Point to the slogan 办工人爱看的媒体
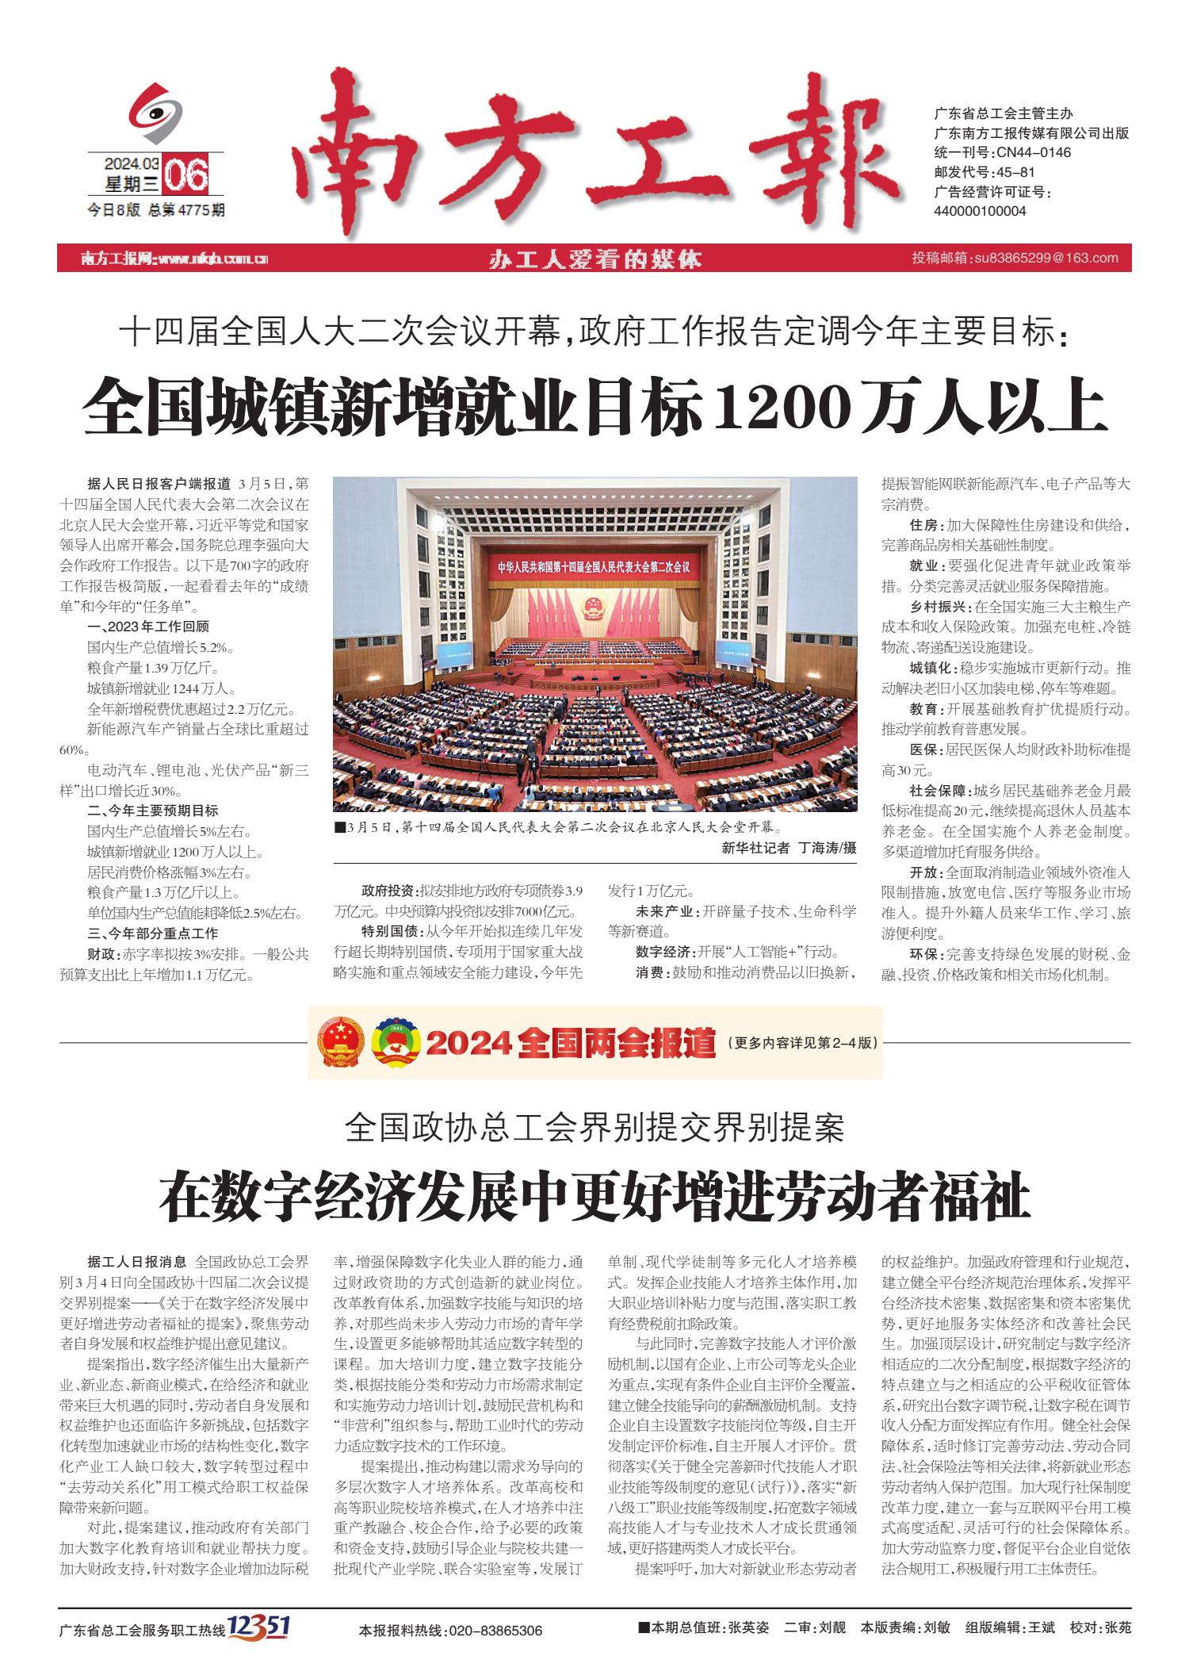[x=595, y=259]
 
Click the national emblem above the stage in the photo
[x=593, y=610]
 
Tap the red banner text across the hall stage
[x=594, y=568]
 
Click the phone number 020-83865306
[x=495, y=1631]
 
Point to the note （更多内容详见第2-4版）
[x=801, y=1043]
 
